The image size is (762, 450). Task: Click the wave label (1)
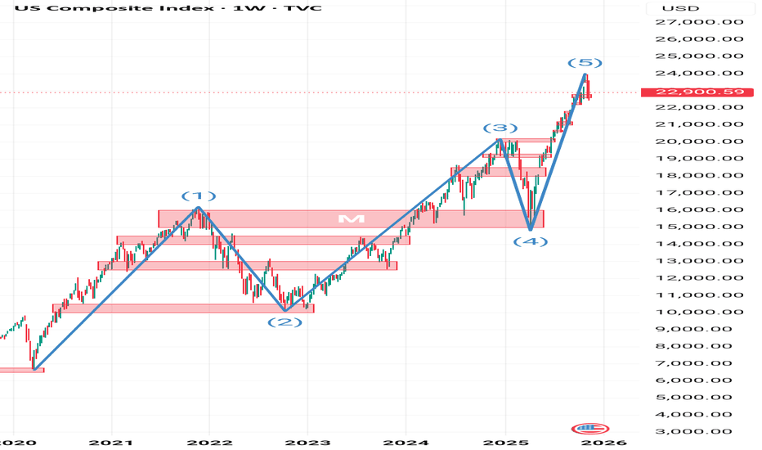[x=199, y=196]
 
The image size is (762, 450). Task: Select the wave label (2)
[x=285, y=322]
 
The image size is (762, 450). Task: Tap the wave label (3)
[x=500, y=128]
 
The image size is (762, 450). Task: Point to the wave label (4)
[x=531, y=241]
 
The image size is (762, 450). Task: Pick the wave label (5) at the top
[x=585, y=63]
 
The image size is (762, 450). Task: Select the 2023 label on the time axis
[x=307, y=443]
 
